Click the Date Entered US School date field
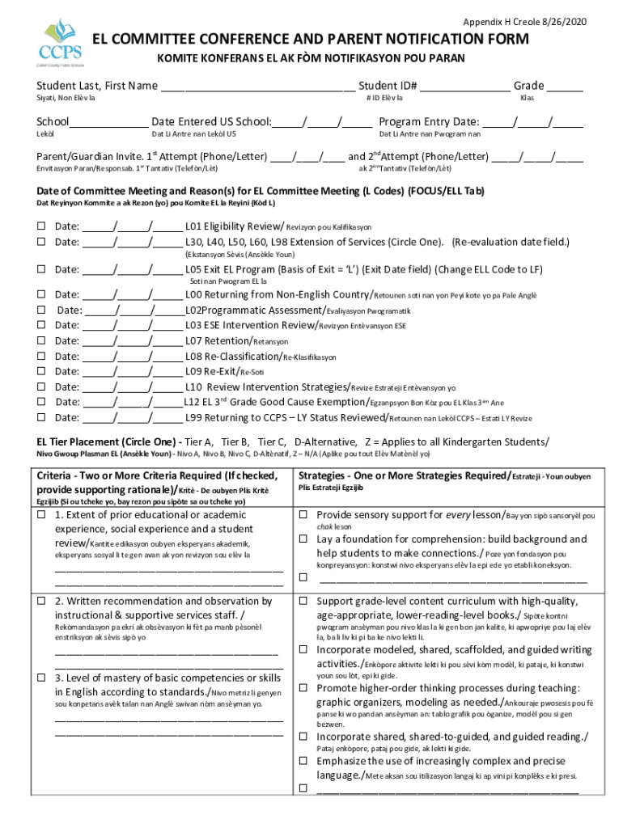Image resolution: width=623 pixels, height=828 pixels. [x=322, y=124]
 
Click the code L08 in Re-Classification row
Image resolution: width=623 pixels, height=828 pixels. [x=193, y=357]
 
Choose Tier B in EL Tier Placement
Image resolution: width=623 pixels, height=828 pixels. [x=235, y=441]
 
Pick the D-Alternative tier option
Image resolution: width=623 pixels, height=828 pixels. [x=325, y=441]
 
